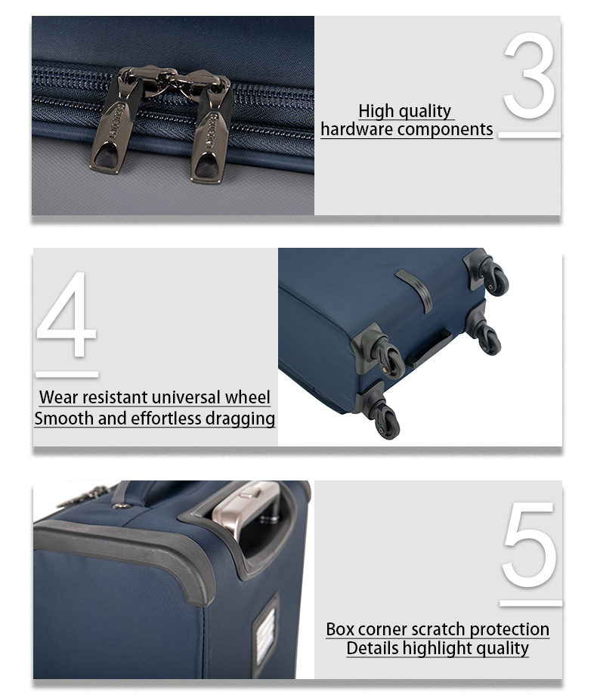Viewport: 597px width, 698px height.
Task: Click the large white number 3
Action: point(530,76)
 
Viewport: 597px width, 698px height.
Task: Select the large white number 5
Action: point(530,545)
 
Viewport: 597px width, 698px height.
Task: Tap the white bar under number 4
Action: point(67,375)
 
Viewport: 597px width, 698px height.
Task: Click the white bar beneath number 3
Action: point(529,135)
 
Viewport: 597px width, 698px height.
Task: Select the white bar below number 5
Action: point(531,603)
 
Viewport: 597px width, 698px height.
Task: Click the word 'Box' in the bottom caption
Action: point(340,629)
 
